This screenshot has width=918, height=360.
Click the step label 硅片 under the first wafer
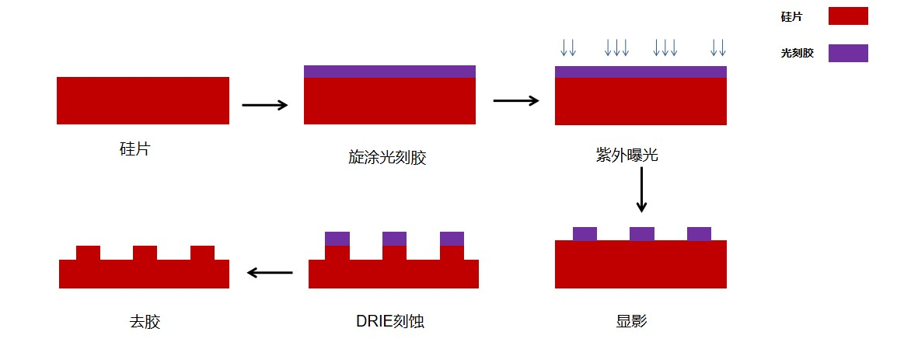tap(134, 149)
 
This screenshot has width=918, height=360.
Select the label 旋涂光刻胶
tap(387, 157)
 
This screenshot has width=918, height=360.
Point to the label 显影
tap(631, 320)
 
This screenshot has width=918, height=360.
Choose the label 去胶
tap(145, 321)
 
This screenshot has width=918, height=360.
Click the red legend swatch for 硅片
tap(848, 16)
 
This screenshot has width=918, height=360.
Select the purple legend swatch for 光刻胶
tap(848, 53)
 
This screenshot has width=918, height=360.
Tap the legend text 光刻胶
tap(797, 54)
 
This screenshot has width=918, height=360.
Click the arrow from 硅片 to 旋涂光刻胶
tap(265, 104)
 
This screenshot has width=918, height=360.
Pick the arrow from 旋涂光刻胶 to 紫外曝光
tap(516, 100)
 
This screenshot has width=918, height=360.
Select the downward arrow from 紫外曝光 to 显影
tap(641, 189)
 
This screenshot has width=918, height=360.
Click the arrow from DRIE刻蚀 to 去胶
tap(270, 272)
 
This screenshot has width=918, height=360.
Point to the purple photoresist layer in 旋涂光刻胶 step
tap(389, 72)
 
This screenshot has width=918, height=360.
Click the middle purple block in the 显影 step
tap(642, 233)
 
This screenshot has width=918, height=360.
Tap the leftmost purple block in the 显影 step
tap(585, 233)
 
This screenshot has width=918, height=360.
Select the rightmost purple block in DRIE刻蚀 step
tap(452, 238)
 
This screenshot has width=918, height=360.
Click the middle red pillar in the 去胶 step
tap(145, 253)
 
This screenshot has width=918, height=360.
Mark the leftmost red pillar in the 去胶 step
tap(88, 253)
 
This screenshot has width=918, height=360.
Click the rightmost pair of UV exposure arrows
tap(718, 48)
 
